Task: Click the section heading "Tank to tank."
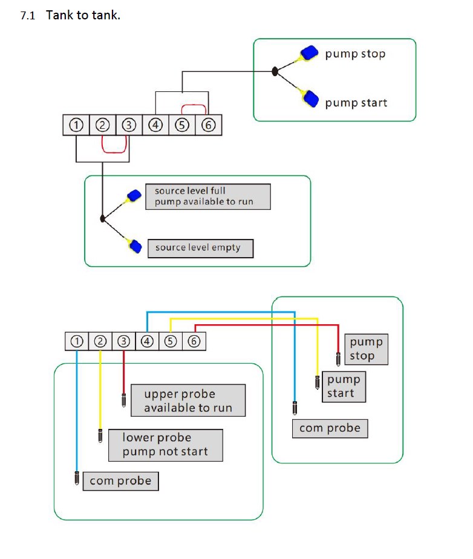(83, 15)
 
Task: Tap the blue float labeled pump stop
(311, 53)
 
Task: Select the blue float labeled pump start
(311, 97)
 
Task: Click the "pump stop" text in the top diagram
(355, 54)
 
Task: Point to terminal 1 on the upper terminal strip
(76, 125)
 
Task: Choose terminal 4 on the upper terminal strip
(156, 125)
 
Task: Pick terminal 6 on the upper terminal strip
(209, 125)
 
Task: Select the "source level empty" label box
(200, 248)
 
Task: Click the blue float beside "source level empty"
(135, 247)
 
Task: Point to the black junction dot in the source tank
(103, 218)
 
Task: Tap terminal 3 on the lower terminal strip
(124, 341)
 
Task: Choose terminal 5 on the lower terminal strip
(171, 341)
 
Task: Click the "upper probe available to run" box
(188, 400)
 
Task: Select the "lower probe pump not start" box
(165, 445)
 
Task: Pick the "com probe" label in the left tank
(120, 481)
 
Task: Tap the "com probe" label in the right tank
(330, 428)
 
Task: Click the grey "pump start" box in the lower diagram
(344, 387)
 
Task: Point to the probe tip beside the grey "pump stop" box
(339, 358)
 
